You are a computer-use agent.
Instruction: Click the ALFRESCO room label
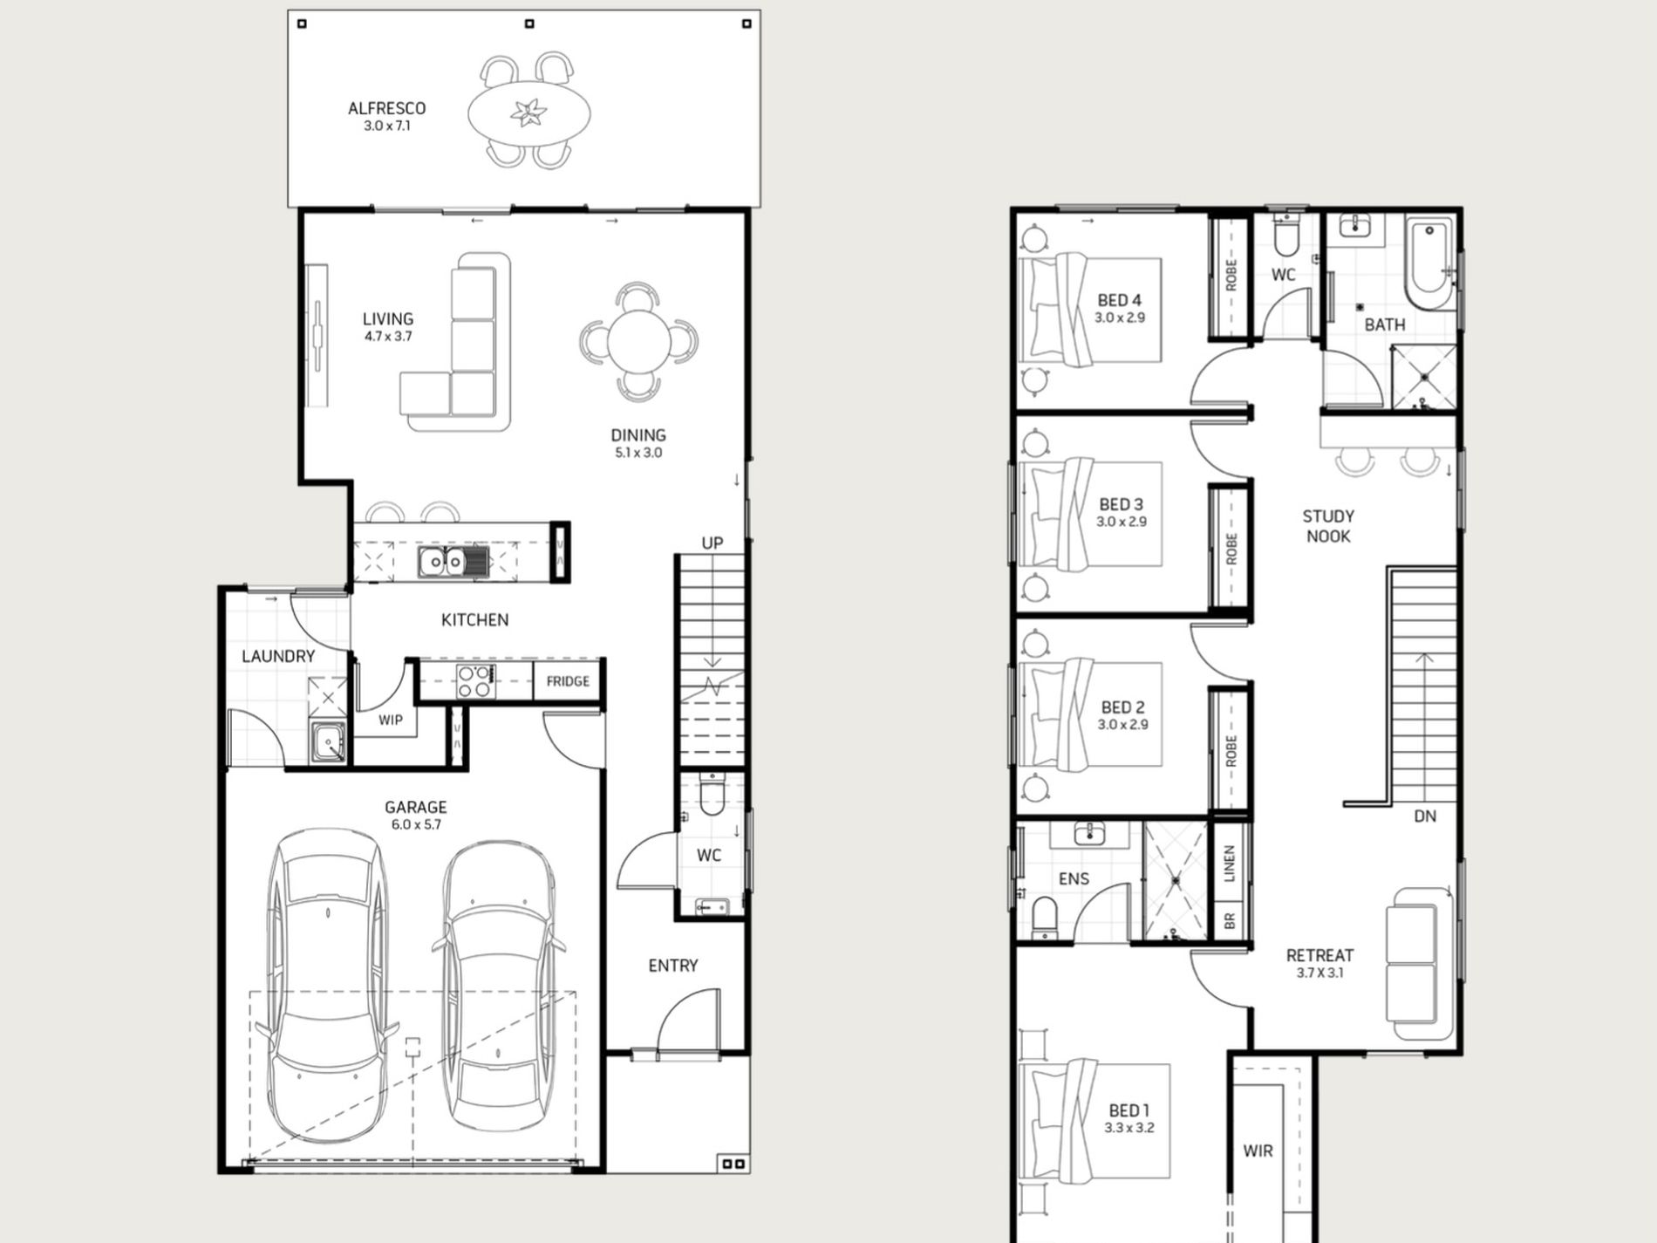click(386, 108)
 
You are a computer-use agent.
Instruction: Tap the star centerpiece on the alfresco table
click(529, 113)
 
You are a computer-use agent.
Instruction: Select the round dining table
click(639, 341)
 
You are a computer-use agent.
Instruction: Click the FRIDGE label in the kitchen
click(568, 681)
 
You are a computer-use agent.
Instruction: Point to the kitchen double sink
click(443, 562)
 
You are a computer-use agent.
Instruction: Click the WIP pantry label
click(390, 720)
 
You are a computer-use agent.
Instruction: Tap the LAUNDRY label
click(278, 656)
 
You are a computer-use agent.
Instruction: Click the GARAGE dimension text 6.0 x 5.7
click(415, 824)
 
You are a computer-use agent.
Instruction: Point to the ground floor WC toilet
click(712, 794)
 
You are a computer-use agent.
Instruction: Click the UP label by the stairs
click(713, 543)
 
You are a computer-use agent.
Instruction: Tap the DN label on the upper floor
click(1425, 816)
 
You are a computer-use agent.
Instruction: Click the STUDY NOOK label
click(1328, 526)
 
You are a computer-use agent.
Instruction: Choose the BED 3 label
click(1121, 504)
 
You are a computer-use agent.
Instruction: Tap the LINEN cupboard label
click(1230, 864)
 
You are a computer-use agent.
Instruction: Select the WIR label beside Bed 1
click(1258, 1151)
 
